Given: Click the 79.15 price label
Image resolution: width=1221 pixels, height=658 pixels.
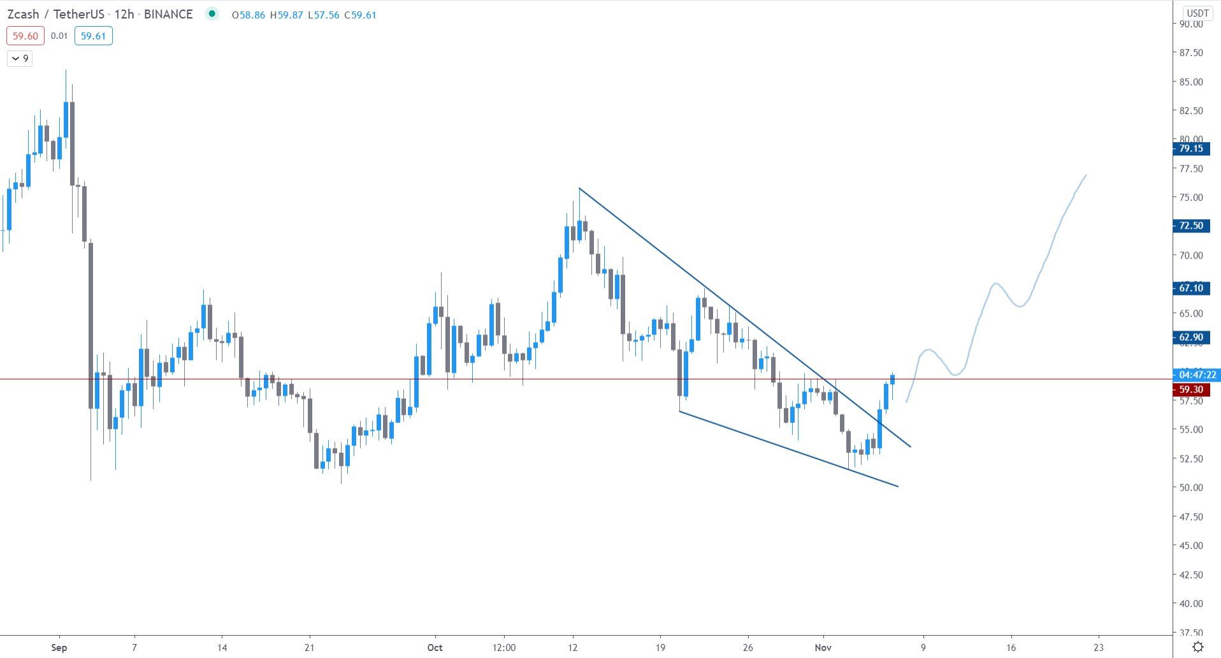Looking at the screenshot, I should pos(1190,148).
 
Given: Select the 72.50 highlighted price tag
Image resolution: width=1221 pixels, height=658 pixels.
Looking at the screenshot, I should pos(1190,225).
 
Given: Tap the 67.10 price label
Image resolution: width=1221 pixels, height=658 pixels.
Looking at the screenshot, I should pos(1190,288).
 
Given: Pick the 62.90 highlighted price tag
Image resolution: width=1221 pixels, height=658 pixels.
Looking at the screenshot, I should pos(1190,337).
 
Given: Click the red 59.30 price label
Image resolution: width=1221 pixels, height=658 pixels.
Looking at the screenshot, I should pos(1190,389).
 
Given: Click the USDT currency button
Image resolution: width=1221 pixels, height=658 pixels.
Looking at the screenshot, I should pos(1197,13).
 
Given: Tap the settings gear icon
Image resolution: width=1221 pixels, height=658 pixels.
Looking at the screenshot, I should pos(1198,647).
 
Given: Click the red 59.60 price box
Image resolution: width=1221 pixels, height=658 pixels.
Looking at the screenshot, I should pos(25,36).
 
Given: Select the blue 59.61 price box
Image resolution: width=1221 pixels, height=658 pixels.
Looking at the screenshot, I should pos(93,36).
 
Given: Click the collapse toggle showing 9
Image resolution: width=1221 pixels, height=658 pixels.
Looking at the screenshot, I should pos(20,59).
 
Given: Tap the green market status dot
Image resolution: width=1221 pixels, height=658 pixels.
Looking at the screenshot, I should pos(212,13).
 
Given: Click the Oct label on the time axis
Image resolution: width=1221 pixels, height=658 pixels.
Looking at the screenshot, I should pos(435,647).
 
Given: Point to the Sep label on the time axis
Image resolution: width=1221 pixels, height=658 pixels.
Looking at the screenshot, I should pos(59,647).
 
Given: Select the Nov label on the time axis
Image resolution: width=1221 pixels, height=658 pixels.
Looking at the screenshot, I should pos(823,647).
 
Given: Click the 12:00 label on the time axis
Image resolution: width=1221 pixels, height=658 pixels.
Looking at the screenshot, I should pos(503,647).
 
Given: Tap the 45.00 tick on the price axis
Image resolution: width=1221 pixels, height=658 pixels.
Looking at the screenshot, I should pos(1190,545).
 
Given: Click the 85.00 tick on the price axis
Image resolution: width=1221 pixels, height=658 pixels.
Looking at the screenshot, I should pos(1190,82).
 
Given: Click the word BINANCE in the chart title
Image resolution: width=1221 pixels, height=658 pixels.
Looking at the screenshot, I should pos(168,14).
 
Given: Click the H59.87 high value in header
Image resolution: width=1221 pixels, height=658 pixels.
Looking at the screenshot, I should pos(286,15).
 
